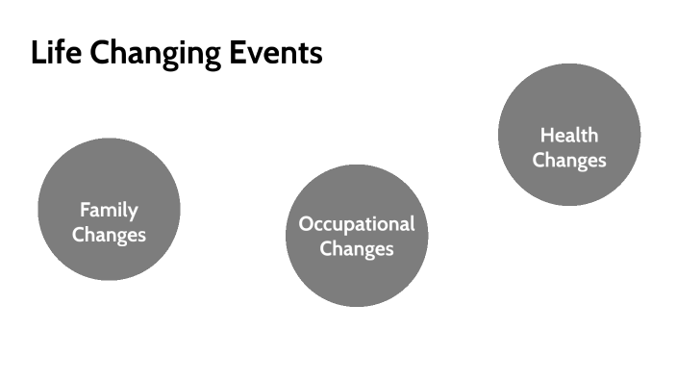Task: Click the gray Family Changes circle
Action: tap(109, 209)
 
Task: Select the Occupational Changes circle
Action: tap(357, 236)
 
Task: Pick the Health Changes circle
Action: tap(569, 135)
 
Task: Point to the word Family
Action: tap(109, 209)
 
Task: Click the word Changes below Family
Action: tap(109, 234)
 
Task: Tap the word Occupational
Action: tap(357, 224)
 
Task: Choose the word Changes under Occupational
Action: tap(357, 248)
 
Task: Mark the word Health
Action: tap(569, 136)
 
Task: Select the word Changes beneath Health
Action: tap(569, 160)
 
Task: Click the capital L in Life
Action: tap(38, 53)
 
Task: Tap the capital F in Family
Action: tap(84, 209)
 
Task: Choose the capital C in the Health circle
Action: tap(539, 160)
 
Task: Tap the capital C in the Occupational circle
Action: tap(326, 248)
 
